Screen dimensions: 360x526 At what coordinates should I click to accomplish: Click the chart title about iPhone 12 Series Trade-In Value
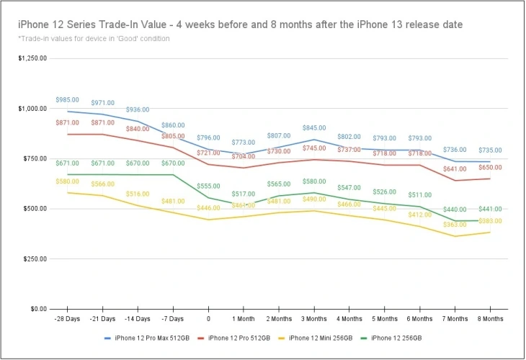click(x=241, y=24)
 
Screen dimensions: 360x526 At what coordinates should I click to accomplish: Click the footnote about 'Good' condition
click(x=93, y=38)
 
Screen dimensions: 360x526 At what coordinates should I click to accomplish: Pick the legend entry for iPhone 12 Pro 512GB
click(x=241, y=338)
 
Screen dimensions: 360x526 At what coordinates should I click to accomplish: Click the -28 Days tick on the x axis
click(x=68, y=318)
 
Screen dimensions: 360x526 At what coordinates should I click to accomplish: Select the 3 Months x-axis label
click(x=314, y=318)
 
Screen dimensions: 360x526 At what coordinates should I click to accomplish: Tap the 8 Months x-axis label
click(x=490, y=318)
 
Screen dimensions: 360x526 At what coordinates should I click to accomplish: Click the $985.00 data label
click(x=67, y=100)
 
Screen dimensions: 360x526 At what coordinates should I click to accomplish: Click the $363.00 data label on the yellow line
click(x=455, y=225)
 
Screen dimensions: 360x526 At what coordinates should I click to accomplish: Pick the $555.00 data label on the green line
click(x=208, y=186)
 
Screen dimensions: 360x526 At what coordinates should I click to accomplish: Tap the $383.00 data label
click(x=490, y=221)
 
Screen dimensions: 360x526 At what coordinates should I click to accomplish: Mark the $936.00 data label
click(x=138, y=109)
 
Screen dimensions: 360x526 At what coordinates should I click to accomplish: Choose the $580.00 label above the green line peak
click(x=314, y=181)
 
